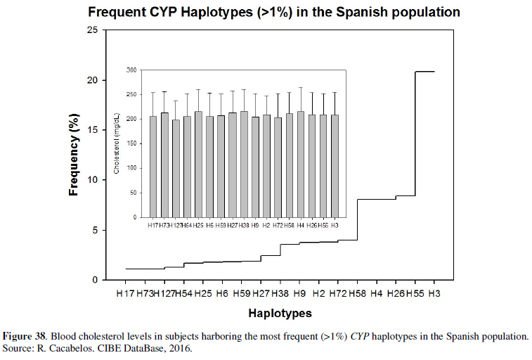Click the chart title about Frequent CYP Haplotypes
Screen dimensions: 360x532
point(274,13)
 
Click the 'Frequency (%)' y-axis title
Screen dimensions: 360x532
point(74,156)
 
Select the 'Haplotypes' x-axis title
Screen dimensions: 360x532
point(279,313)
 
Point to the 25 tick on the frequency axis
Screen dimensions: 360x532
point(93,30)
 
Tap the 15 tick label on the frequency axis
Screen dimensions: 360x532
point(93,130)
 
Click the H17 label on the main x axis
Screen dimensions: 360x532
point(125,292)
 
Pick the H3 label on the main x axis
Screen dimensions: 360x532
point(434,292)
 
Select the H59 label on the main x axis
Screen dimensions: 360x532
point(241,292)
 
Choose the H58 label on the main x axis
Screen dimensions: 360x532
point(357,292)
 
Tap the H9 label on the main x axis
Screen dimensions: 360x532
point(299,292)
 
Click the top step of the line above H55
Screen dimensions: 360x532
point(424,72)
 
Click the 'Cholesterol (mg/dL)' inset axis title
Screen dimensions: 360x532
point(117,144)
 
